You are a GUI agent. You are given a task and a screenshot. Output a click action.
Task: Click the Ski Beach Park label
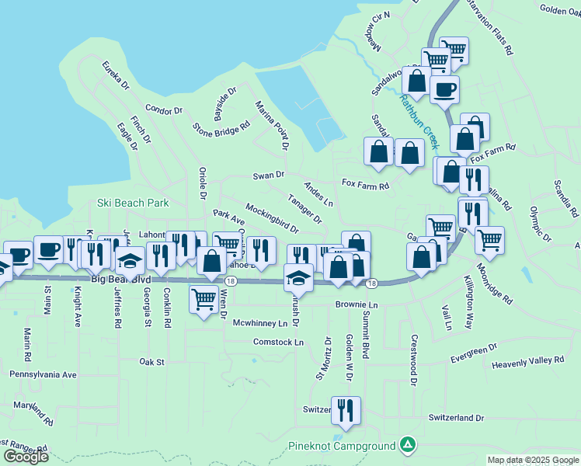tap(133, 203)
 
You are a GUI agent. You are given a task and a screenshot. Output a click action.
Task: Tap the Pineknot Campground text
tap(342, 446)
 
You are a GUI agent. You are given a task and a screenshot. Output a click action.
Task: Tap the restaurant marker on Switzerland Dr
tap(346, 409)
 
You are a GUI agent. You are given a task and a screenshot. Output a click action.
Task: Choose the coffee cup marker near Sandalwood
tap(444, 89)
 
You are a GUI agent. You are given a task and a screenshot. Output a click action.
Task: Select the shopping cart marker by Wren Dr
tap(204, 297)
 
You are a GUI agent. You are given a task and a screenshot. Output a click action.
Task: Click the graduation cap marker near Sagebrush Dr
tap(298, 276)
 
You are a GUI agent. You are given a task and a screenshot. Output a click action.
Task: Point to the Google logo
tap(26, 456)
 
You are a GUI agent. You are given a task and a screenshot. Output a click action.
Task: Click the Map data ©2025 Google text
tap(532, 460)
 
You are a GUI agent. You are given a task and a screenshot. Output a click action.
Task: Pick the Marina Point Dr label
tap(272, 123)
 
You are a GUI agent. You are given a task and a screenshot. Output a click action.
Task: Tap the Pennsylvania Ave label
tap(43, 374)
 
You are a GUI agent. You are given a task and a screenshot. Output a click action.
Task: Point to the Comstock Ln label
tap(278, 342)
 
